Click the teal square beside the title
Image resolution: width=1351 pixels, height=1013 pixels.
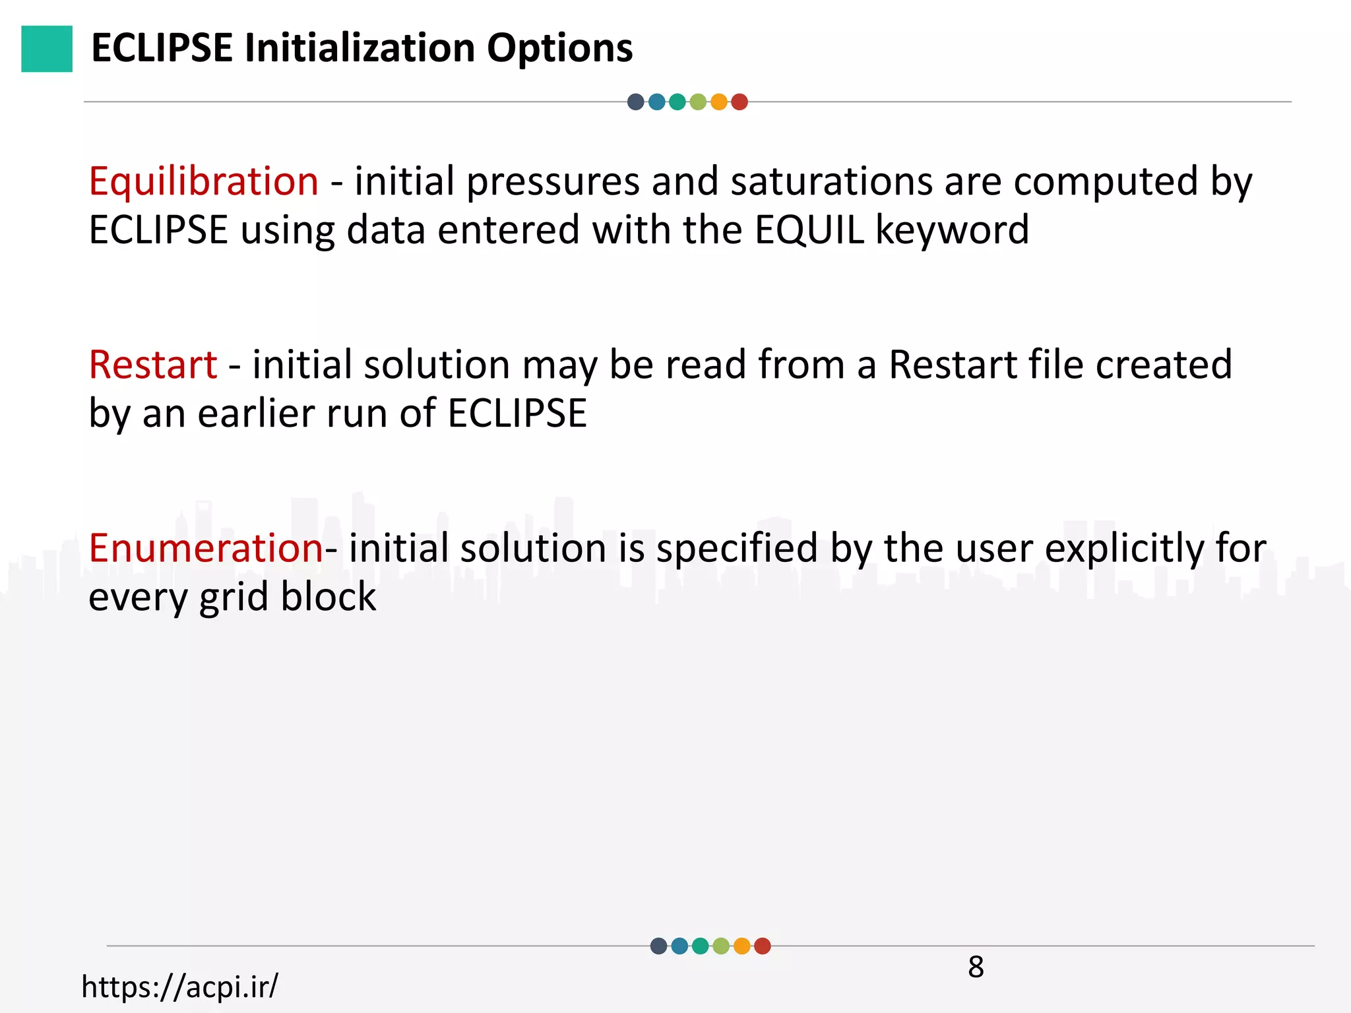47,49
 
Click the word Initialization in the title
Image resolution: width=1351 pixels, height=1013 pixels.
360,49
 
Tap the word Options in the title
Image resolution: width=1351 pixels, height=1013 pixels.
559,49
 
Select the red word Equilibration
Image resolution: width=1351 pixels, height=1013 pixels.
204,181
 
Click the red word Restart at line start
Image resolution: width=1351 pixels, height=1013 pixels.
153,365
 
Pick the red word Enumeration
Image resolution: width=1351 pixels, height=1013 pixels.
206,548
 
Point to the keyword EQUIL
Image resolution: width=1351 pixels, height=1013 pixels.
809,230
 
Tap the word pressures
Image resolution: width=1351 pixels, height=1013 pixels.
553,183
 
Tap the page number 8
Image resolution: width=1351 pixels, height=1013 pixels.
976,967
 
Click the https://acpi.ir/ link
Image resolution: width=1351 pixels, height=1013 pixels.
179,987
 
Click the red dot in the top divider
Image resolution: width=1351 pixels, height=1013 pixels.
739,102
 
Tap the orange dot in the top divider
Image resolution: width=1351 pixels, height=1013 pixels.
719,102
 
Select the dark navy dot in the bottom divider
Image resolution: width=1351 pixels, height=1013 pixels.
658,946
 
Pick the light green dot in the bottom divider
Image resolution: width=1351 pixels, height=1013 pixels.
721,946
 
